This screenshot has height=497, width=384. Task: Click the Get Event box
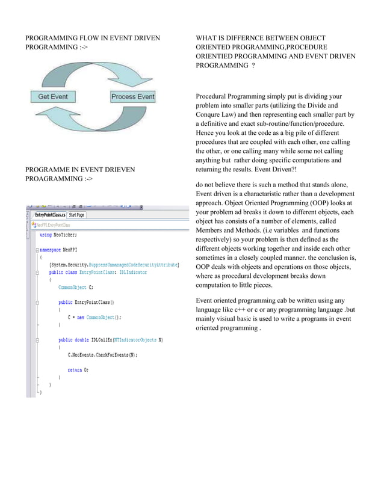(x=53, y=96)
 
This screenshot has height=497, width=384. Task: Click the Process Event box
(x=133, y=96)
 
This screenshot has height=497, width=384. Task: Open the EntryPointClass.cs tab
(x=49, y=215)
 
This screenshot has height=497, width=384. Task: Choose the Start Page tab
(x=76, y=215)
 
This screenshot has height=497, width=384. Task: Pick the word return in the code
(x=75, y=370)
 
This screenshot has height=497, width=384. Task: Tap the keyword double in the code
(x=81, y=340)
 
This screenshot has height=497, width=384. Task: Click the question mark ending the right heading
(x=253, y=66)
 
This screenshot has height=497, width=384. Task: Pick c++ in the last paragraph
(x=239, y=309)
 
